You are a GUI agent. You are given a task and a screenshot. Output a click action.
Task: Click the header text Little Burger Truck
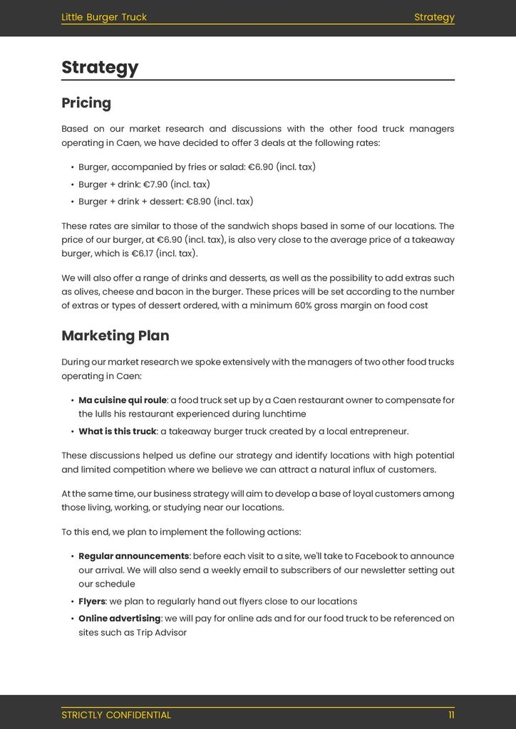tap(104, 17)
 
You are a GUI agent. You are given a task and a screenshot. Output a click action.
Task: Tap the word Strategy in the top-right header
tap(434, 17)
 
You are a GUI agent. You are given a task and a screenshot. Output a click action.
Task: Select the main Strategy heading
tap(100, 68)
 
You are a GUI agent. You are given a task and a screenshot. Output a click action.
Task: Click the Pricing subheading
tap(86, 103)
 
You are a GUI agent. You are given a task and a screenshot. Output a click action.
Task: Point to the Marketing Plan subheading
tap(115, 336)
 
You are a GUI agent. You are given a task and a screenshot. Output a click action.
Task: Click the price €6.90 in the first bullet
tap(260, 167)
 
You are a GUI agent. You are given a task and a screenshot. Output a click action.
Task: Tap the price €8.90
tap(198, 201)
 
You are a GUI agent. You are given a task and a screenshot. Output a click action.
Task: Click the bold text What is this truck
tap(118, 431)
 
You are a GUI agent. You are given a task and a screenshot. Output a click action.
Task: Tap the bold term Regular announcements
tap(134, 556)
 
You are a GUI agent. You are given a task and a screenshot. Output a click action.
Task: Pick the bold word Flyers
tap(92, 602)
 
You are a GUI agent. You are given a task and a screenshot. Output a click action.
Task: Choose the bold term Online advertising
tap(120, 619)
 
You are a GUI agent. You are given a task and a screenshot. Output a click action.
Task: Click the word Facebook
tap(376, 556)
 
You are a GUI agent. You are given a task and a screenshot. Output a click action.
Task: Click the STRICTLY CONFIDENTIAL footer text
tap(116, 715)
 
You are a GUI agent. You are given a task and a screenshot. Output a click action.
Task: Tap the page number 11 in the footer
tap(451, 715)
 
